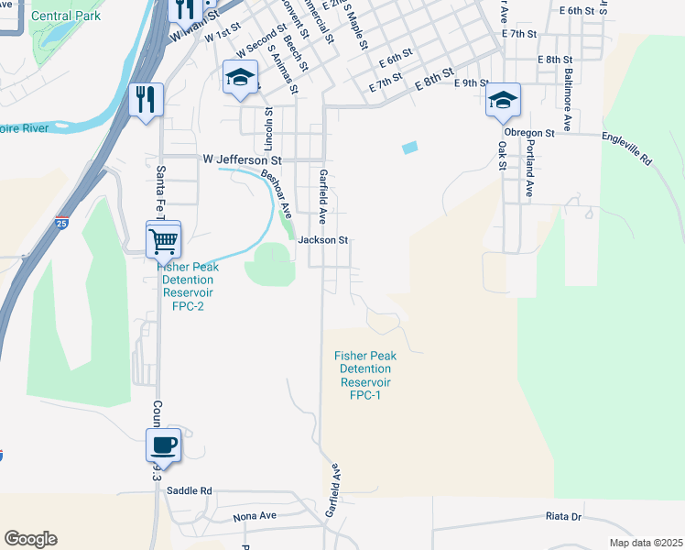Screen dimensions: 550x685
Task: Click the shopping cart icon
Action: tap(163, 240)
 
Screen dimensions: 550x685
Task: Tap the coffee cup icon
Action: tap(164, 445)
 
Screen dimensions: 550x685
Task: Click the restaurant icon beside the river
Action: tap(145, 99)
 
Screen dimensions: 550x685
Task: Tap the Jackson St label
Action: tap(323, 240)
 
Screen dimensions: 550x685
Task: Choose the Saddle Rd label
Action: tap(190, 491)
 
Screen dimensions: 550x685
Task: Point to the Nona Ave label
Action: tap(254, 516)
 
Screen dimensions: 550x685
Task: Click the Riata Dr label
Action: tap(563, 517)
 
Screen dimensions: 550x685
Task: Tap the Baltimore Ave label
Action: tap(568, 96)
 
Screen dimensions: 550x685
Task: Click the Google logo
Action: tap(30, 539)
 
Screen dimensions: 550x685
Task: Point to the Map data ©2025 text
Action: tap(645, 543)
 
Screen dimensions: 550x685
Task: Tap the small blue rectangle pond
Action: tap(409, 147)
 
